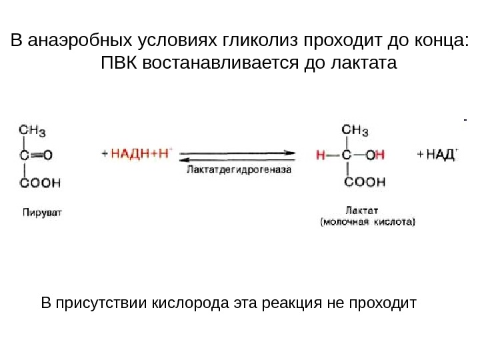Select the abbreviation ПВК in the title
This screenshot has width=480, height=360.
click(x=119, y=65)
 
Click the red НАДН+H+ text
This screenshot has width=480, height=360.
click(x=141, y=154)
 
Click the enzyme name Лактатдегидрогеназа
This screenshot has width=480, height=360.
click(x=239, y=170)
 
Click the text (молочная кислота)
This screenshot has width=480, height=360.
click(x=367, y=223)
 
